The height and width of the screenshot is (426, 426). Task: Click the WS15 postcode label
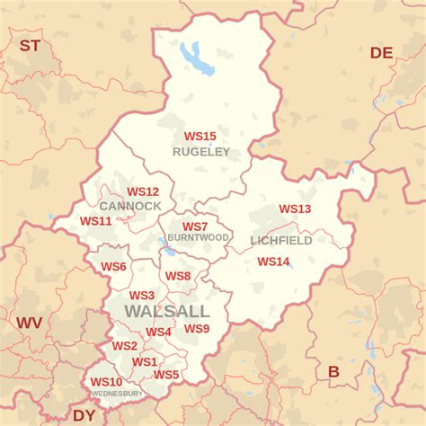(200, 137)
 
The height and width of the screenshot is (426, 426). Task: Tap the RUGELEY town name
(201, 152)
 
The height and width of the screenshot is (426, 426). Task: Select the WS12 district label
(143, 191)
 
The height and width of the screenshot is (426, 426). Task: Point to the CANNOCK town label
(131, 206)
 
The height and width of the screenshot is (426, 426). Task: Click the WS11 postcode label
(95, 220)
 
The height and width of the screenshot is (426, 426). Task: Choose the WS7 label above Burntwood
(195, 226)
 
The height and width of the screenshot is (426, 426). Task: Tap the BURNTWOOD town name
(199, 238)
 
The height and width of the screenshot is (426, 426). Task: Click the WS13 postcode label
(295, 209)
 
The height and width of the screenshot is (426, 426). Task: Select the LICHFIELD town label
(281, 241)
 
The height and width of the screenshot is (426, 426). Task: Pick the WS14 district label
(273, 262)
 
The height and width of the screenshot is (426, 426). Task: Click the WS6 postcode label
(113, 267)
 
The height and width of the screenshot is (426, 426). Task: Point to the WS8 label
(177, 276)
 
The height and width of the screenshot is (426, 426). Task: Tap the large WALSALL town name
(166, 311)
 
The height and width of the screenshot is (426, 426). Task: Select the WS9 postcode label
(197, 329)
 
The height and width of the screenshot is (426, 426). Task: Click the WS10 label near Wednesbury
(106, 382)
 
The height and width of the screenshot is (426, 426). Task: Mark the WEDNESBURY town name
(117, 394)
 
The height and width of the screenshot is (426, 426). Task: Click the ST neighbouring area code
(31, 45)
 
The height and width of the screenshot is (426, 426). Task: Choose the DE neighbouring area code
(382, 53)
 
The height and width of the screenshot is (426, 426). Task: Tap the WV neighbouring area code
(29, 322)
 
